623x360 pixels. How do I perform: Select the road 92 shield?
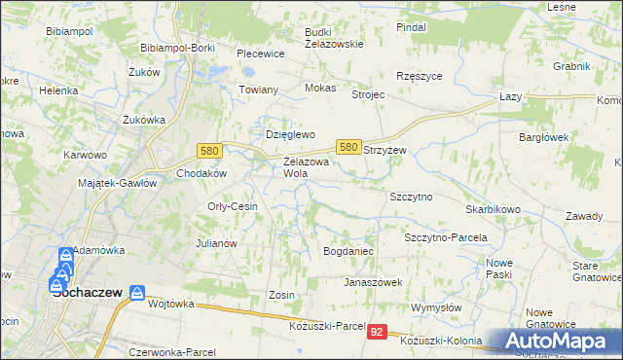coord(378,332)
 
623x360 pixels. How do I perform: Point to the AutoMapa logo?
coord(556,342)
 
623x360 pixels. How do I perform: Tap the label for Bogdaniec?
coord(348,251)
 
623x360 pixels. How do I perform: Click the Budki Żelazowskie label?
coord(333,37)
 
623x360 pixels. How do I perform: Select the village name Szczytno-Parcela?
coord(445,236)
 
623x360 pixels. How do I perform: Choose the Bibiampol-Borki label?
coord(177,47)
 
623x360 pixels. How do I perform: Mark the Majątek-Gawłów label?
coord(118,183)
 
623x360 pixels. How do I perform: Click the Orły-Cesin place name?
coord(233,206)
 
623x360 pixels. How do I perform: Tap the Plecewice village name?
coord(260,54)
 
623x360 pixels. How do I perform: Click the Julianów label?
coord(217,243)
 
